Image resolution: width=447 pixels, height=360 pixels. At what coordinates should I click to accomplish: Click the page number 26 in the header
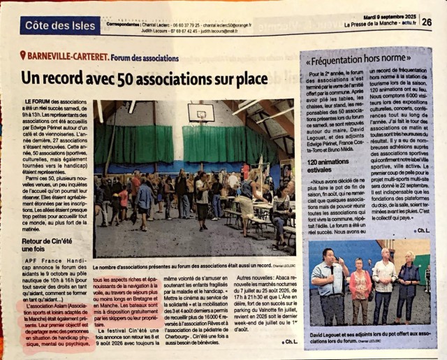click(x=426, y=22)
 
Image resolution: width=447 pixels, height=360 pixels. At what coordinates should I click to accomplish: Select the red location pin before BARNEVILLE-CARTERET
click(x=23, y=55)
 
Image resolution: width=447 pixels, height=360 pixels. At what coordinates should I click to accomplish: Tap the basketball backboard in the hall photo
click(x=201, y=112)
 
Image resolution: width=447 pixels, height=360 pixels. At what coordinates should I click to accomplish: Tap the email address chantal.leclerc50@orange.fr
click(x=210, y=21)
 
